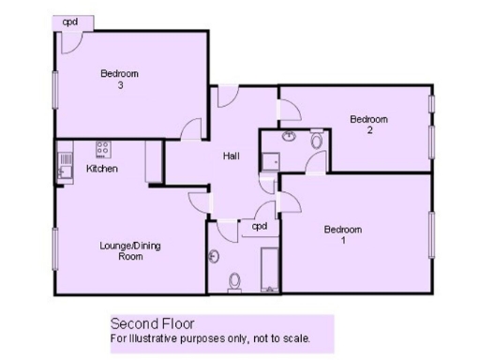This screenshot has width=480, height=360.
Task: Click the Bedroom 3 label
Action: tap(120, 80)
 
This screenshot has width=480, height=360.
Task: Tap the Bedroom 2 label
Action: tap(368, 125)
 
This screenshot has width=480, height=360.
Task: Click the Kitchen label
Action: tap(101, 169)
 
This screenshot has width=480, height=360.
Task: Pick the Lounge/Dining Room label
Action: tap(130, 250)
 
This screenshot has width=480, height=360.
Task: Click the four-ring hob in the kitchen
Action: tap(102, 148)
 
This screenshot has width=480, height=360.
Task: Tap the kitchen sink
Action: tap(64, 170)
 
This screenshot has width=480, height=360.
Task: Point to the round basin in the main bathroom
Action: tap(214, 255)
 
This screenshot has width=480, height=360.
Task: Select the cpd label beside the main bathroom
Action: tap(259, 227)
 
